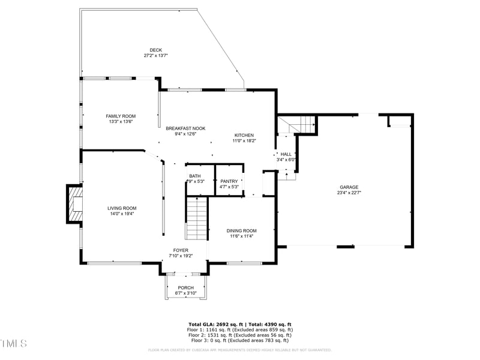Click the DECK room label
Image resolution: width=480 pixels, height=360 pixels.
(x=155, y=50)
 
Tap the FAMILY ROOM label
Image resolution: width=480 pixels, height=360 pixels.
(x=121, y=116)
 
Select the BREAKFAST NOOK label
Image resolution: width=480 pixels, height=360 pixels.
(x=185, y=128)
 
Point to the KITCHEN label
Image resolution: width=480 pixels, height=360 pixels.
(x=244, y=135)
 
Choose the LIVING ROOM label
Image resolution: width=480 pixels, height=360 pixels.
(x=122, y=208)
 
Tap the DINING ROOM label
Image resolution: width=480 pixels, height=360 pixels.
(x=241, y=230)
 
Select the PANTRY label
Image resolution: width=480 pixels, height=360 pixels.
(x=229, y=181)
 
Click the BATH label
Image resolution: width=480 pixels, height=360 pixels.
(x=195, y=176)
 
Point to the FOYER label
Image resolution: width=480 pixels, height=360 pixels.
(x=181, y=250)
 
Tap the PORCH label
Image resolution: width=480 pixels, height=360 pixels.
(x=185, y=287)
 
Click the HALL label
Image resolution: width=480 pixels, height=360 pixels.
(x=286, y=154)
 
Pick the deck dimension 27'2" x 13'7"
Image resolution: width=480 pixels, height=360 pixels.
(x=155, y=55)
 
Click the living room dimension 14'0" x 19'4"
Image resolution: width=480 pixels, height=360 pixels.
(x=122, y=214)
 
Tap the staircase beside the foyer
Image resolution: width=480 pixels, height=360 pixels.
(x=196, y=218)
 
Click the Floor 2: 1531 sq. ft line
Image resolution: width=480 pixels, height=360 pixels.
(x=240, y=335)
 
